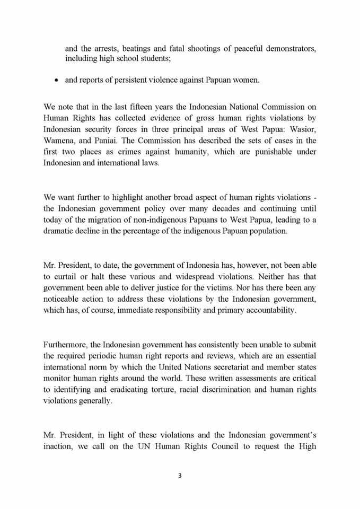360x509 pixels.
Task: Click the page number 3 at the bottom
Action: tap(180, 476)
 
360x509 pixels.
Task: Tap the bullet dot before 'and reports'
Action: tap(57, 81)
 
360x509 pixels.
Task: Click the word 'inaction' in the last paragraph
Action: tap(59, 446)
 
